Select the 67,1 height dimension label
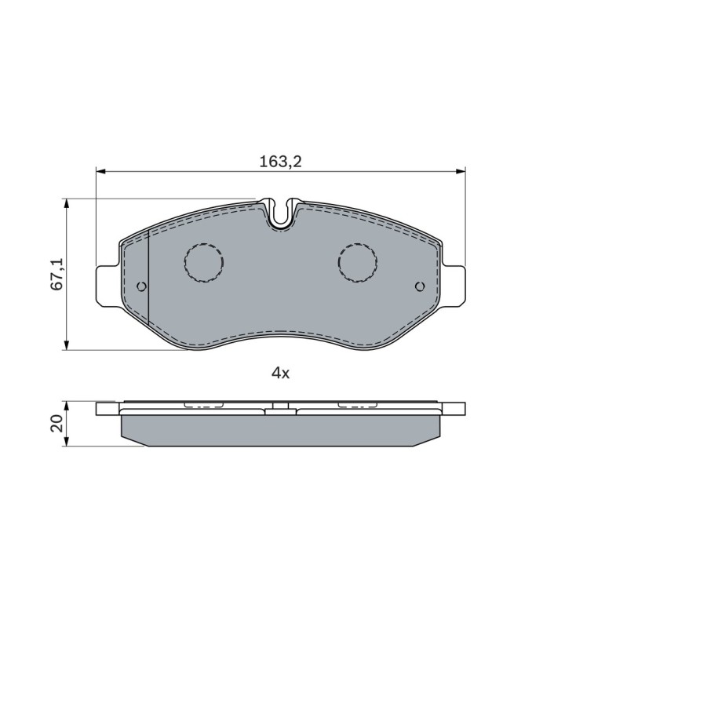[x=57, y=274]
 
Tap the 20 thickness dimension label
[x=57, y=424]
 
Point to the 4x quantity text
[x=281, y=374]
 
